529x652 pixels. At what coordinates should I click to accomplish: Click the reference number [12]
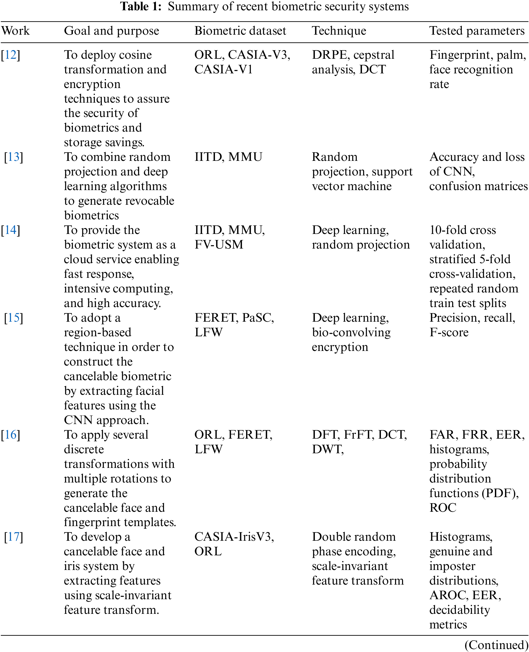pos(11,55)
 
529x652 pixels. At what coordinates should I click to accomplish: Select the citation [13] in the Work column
pos(14,157)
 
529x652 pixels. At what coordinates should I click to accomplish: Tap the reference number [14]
pos(11,230)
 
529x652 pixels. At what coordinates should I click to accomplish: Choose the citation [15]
pos(14,318)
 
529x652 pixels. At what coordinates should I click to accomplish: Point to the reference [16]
pos(11,435)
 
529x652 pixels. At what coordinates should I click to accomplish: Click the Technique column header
pos(339,31)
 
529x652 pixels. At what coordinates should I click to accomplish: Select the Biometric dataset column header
pos(240,31)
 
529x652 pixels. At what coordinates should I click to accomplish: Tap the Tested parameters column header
pos(477,31)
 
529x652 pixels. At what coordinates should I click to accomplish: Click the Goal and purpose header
pos(112,31)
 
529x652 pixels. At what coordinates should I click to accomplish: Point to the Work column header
pos(15,31)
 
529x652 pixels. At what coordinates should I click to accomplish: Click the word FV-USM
pos(219,245)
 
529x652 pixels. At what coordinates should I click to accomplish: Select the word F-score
pos(449,332)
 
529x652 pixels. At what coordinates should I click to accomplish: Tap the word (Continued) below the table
pos(497,645)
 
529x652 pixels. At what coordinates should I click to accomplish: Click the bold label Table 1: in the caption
pos(141,6)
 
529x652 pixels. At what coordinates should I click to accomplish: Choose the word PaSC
pos(258,318)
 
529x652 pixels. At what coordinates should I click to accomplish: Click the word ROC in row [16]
pos(443,508)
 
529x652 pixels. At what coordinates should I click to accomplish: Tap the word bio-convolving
pos(351,332)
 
